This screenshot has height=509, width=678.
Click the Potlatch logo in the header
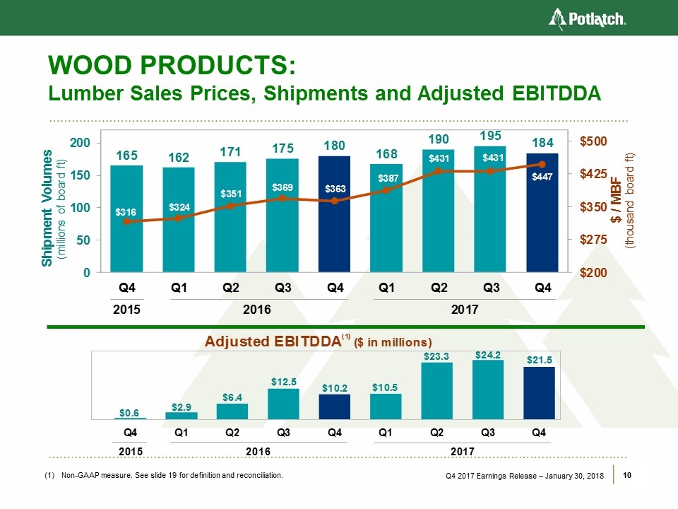(x=588, y=18)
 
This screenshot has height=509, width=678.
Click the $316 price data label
(x=127, y=211)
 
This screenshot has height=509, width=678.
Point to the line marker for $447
(x=542, y=165)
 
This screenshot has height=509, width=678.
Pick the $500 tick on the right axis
(x=594, y=142)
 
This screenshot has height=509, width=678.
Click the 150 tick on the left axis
(x=81, y=175)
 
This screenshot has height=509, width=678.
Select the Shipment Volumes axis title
(x=48, y=206)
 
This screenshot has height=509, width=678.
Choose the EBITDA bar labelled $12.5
(x=283, y=404)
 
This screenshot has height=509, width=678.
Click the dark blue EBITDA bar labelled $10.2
(x=335, y=406)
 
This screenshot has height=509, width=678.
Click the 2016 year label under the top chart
(x=256, y=310)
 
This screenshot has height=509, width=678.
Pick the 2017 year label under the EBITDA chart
(x=462, y=451)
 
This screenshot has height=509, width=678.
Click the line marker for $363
(x=335, y=201)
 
